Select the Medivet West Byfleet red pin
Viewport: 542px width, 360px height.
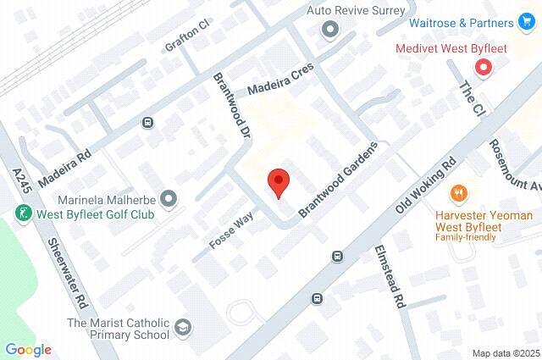pos(484,67)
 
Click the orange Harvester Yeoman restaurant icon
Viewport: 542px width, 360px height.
pos(460,194)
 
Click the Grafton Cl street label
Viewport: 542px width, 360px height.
pos(186,35)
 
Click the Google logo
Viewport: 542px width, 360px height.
pos(28,349)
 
